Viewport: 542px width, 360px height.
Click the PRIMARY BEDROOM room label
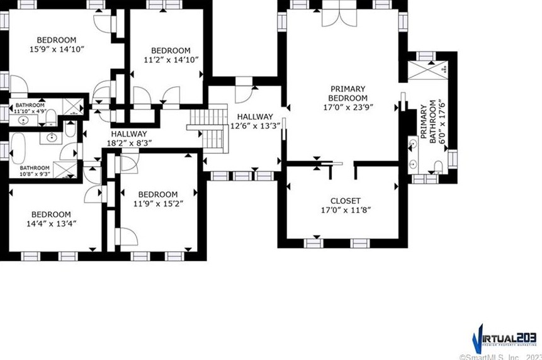click(347, 93)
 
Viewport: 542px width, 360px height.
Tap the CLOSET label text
click(346, 201)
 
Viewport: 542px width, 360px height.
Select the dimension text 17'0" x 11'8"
click(346, 210)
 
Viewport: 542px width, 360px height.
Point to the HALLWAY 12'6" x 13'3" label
click(255, 121)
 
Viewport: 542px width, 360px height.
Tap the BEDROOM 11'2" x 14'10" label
click(170, 55)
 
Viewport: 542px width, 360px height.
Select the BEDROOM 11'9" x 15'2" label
click(157, 199)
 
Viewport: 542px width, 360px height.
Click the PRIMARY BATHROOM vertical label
click(428, 122)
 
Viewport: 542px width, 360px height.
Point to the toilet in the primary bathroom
click(438, 166)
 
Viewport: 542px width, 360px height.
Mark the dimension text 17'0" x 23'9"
click(347, 107)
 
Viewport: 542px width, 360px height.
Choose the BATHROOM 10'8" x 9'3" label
click(34, 171)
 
